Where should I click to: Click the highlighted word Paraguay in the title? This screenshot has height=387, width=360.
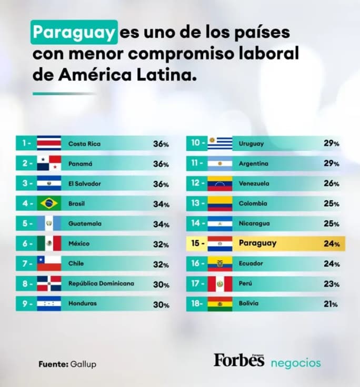tap(73, 33)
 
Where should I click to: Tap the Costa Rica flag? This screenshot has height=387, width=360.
tap(48, 144)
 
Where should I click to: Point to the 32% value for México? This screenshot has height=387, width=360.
tap(161, 245)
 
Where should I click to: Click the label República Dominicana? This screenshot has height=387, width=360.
tap(101, 284)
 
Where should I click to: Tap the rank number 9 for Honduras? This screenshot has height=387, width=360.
tap(24, 304)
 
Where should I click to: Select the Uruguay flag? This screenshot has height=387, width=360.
tap(220, 144)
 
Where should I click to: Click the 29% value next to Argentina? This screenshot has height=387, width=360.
tap(332, 164)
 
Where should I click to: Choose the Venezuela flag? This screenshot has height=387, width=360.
tap(220, 184)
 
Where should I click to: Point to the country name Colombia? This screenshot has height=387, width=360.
tap(253, 204)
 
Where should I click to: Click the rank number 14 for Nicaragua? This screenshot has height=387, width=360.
tap(196, 224)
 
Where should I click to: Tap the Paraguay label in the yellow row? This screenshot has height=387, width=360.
tap(257, 243)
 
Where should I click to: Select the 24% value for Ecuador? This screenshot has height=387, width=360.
tap(332, 264)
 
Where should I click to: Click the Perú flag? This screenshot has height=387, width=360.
tap(220, 284)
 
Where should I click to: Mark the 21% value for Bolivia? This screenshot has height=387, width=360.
tap(331, 304)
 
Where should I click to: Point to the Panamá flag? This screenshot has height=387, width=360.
tap(48, 164)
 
